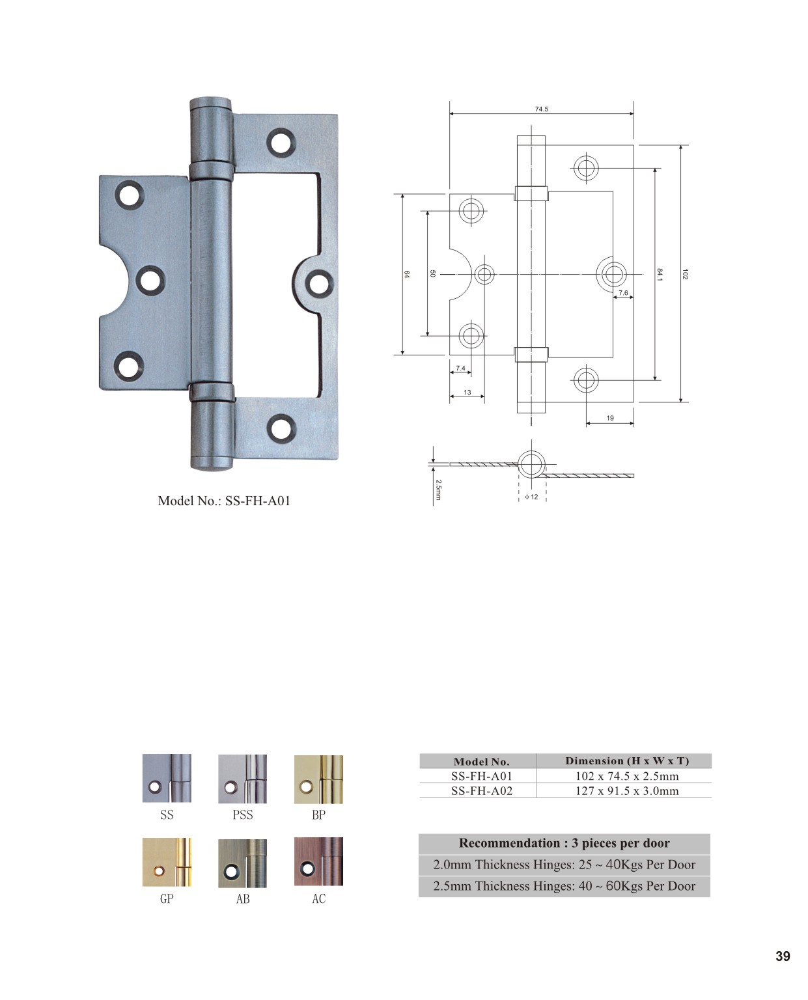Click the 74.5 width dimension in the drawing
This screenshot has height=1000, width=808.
coord(541,109)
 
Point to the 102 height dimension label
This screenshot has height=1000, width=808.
coord(685,274)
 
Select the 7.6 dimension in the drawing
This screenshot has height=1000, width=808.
coord(623,293)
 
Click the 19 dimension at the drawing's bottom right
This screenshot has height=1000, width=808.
coord(610,418)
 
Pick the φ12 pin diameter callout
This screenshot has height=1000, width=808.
coord(532,497)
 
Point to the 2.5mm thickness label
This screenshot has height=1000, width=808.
coord(438,490)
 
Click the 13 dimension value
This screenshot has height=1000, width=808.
coord(467,393)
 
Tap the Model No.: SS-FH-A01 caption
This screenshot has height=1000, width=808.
coord(224,501)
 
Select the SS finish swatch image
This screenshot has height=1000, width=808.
coord(167,779)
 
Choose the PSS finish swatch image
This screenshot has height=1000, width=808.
coord(242,779)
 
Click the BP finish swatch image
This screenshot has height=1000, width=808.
coord(318,779)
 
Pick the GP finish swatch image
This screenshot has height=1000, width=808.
coord(167,862)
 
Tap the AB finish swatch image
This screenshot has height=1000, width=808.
coord(242,863)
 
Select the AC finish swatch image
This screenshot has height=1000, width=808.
coord(318,862)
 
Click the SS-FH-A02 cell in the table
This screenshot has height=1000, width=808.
coord(481,791)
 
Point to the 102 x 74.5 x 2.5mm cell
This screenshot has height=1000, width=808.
coord(626,776)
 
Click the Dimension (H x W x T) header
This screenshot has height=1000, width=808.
coord(626,760)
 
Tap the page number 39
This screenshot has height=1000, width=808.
coord(783,956)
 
